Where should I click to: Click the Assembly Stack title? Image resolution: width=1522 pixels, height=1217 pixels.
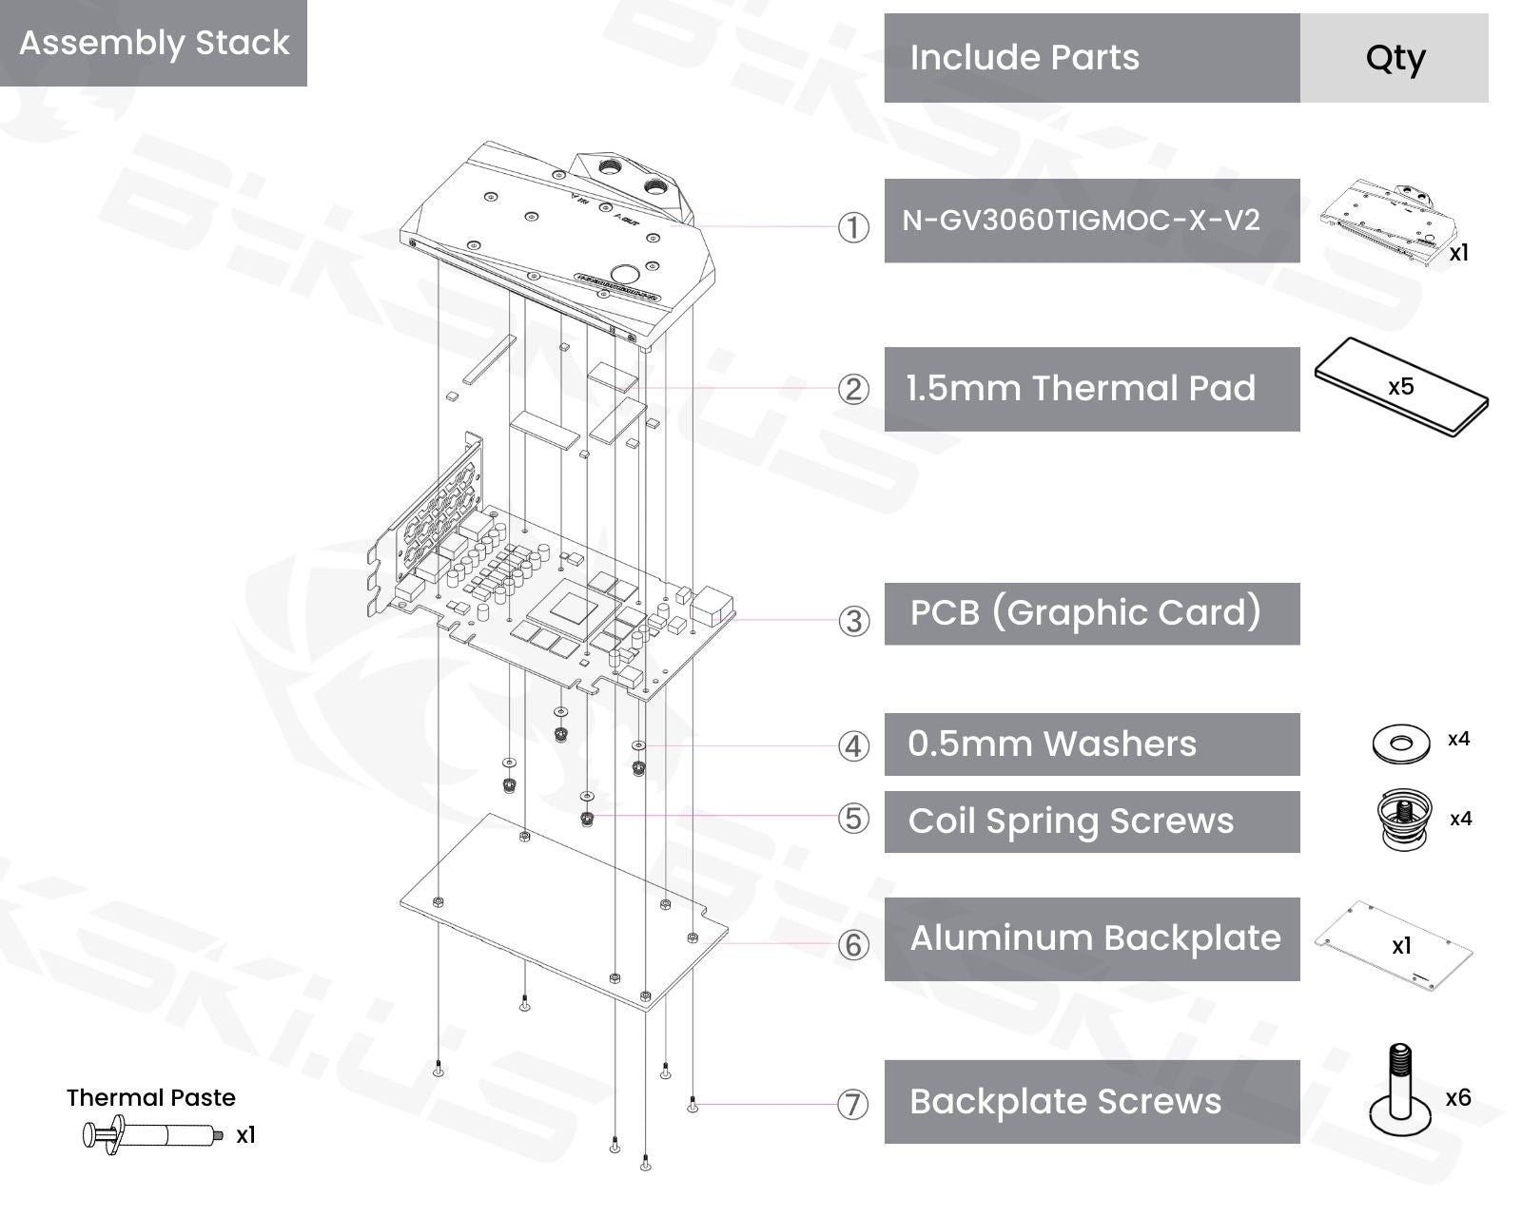pyautogui.click(x=154, y=43)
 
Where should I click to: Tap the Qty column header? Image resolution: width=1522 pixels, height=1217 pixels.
pyautogui.click(x=1395, y=59)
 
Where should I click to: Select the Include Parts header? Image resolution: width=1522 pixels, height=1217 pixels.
pyautogui.click(x=1024, y=57)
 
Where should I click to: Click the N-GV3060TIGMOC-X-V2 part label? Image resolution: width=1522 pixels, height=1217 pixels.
pyautogui.click(x=1081, y=220)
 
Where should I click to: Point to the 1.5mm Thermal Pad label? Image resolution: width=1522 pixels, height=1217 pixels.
pyautogui.click(x=1081, y=388)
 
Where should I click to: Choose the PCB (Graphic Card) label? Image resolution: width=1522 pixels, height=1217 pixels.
pyautogui.click(x=1085, y=612)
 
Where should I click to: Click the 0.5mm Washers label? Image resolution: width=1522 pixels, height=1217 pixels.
pyautogui.click(x=1052, y=744)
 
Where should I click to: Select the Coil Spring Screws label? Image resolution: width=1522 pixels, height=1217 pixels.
pyautogui.click(x=1071, y=821)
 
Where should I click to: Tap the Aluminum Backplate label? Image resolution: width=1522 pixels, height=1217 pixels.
pyautogui.click(x=1095, y=938)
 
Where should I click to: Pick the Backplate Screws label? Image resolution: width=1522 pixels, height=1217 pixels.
pyautogui.click(x=1065, y=1102)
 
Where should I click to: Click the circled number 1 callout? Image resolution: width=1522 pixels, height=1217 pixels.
pyautogui.click(x=853, y=227)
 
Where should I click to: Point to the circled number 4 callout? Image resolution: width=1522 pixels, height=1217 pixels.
pyautogui.click(x=853, y=746)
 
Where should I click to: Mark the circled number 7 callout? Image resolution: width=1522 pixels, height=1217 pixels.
pyautogui.click(x=853, y=1105)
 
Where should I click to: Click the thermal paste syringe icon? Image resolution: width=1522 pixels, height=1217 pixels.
pyautogui.click(x=153, y=1135)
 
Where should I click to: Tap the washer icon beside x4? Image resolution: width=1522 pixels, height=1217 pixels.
pyautogui.click(x=1401, y=744)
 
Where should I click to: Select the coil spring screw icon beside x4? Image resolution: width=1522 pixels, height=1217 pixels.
pyautogui.click(x=1405, y=820)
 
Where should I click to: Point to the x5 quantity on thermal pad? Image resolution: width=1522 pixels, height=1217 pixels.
pyautogui.click(x=1400, y=386)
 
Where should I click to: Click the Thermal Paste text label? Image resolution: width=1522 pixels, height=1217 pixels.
pyautogui.click(x=151, y=1097)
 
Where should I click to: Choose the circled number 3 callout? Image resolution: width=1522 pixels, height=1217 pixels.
pyautogui.click(x=853, y=621)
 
